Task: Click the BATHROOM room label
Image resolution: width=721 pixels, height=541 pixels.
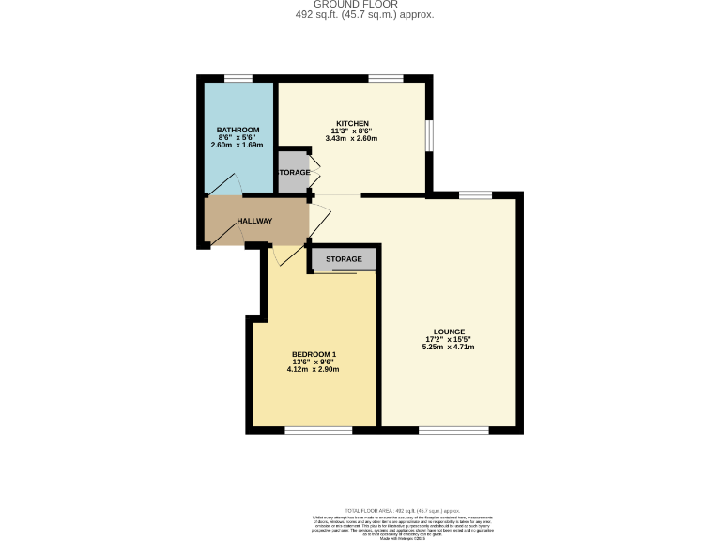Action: tap(238, 130)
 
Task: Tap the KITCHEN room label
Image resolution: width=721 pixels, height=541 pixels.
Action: tap(353, 123)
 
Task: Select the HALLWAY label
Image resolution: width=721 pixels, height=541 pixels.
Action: tap(254, 222)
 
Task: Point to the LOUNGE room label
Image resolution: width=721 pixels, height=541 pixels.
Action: tap(449, 332)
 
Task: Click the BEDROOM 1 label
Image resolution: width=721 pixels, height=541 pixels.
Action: tap(313, 354)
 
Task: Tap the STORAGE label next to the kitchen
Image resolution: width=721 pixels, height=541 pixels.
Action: tap(293, 173)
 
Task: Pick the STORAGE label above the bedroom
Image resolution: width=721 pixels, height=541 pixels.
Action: tap(344, 259)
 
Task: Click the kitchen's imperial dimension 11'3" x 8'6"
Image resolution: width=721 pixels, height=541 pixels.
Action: tap(353, 131)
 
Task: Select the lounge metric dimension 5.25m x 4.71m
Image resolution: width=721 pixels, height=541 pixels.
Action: tap(449, 347)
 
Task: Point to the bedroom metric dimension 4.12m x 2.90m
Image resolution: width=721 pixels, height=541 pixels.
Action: tap(313, 369)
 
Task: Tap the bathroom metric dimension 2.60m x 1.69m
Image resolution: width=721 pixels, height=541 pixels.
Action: tap(238, 146)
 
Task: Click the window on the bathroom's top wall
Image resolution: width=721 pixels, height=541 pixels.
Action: tap(238, 78)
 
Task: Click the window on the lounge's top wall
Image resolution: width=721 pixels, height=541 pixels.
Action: tap(475, 195)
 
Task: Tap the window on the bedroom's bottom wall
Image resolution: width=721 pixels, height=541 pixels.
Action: tap(318, 431)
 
